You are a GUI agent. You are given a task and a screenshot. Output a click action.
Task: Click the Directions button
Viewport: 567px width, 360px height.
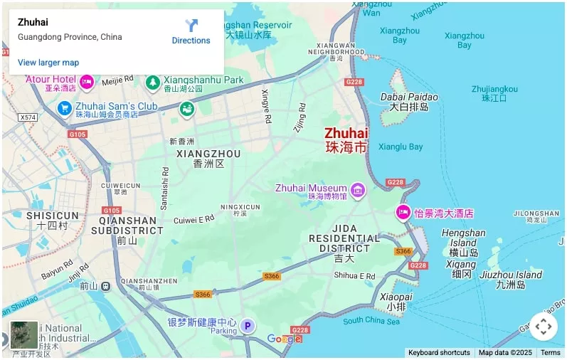pyautogui.click(x=191, y=31)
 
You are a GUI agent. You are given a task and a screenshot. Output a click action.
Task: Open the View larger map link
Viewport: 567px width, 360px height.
pyautogui.click(x=48, y=63)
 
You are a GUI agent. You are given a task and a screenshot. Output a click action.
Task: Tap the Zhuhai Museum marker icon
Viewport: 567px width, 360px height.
pyautogui.click(x=357, y=189)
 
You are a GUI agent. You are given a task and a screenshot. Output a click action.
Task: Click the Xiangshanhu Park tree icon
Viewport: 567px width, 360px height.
pyautogui.click(x=152, y=83)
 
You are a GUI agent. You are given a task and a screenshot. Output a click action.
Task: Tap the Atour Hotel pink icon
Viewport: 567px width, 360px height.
pyautogui.click(x=87, y=83)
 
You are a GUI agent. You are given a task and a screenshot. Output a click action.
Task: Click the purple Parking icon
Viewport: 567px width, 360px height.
pyautogui.click(x=247, y=327)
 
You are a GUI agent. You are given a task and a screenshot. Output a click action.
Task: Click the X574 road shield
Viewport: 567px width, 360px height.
pyautogui.click(x=28, y=117)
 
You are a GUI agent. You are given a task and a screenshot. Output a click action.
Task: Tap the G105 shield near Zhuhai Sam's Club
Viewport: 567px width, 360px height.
pyautogui.click(x=78, y=134)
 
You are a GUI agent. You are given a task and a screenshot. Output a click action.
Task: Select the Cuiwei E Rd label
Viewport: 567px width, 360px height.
pyautogui.click(x=194, y=220)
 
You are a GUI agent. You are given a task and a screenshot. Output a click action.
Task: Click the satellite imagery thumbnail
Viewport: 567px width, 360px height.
pyautogui.click(x=23, y=335)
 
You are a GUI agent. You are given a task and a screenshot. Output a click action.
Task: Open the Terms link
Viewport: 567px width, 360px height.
pyautogui.click(x=550, y=353)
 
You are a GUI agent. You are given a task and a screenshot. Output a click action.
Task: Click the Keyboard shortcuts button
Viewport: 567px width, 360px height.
pyautogui.click(x=439, y=353)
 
